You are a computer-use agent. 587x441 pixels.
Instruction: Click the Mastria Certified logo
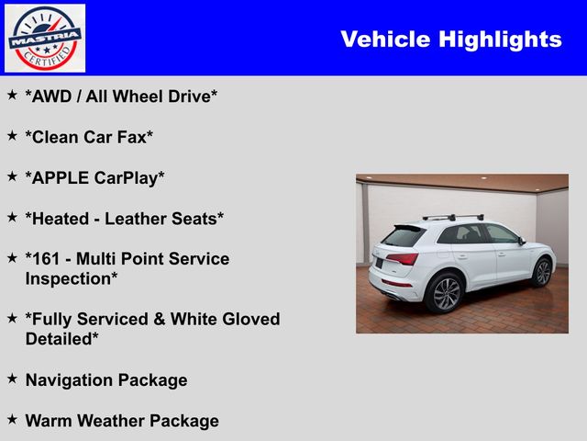[x=45, y=38]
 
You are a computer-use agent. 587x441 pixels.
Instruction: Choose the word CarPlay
[x=134, y=177]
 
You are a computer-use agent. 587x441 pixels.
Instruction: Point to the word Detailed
[x=62, y=339]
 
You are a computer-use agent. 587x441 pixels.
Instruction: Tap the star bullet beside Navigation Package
[x=12, y=378]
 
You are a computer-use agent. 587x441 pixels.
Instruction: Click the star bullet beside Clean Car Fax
[x=12, y=135]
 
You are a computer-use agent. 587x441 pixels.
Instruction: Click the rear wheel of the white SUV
[x=445, y=293]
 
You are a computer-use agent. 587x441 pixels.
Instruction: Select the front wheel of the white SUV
[x=543, y=273]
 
